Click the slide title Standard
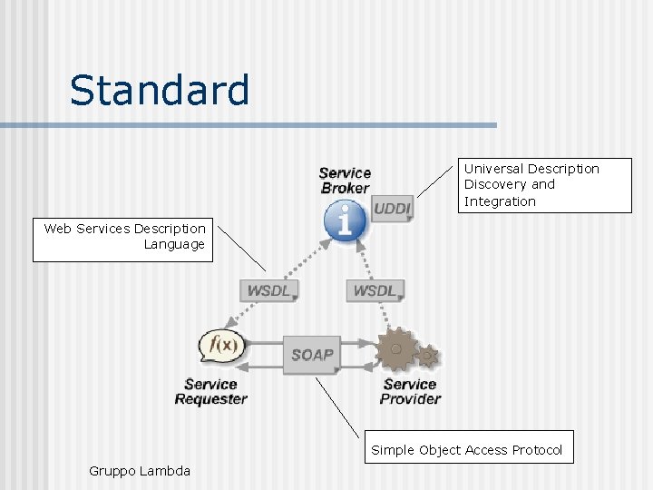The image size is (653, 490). tap(160, 91)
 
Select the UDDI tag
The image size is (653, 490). tap(391, 210)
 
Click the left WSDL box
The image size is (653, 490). tap(268, 290)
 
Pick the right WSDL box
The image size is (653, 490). tap(375, 290)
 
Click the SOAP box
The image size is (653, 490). tap(313, 354)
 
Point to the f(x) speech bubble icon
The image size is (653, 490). tap(222, 345)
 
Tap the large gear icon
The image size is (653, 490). tap(396, 349)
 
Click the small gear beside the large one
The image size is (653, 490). tap(428, 355)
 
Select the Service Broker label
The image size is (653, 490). tap(345, 180)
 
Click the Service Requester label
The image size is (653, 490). tap(210, 391)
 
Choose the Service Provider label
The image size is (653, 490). tap(410, 391)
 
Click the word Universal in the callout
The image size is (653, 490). tap(494, 169)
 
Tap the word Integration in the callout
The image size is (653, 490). tap(500, 201)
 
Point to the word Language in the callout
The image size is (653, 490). tap(174, 244)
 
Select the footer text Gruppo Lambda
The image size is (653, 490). tap(140, 470)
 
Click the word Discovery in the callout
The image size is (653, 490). tap(496, 184)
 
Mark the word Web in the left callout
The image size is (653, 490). tap(57, 229)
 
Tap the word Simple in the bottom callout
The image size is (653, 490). tap(393, 450)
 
